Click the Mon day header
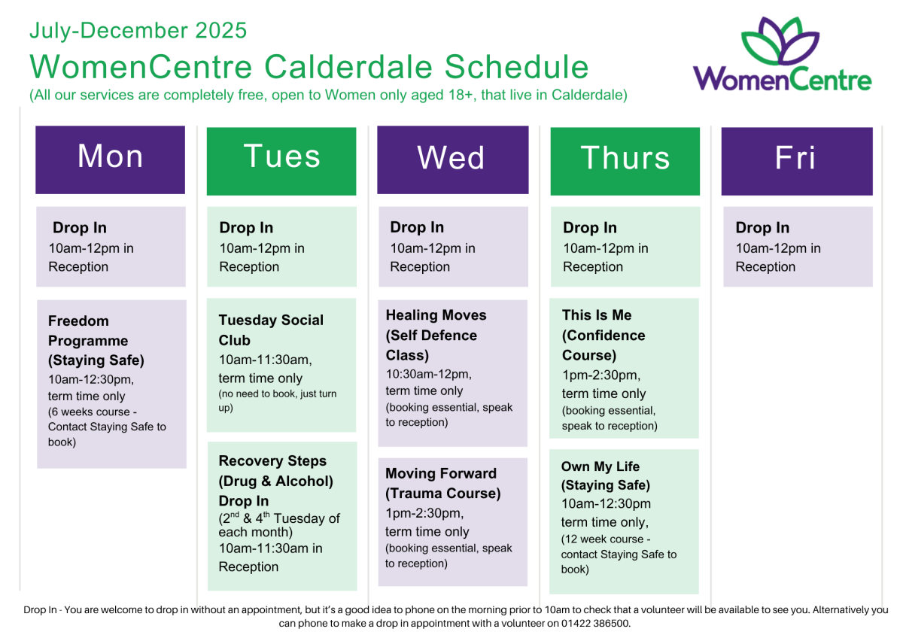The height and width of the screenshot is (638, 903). click(110, 159)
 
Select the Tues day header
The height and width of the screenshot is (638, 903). click(281, 161)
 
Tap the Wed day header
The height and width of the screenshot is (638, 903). click(453, 159)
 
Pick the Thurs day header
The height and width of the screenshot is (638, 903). click(625, 161)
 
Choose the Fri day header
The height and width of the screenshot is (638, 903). click(797, 161)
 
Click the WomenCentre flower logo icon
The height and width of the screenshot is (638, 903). click(780, 41)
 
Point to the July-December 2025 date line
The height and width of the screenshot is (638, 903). click(138, 30)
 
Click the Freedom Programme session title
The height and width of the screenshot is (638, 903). click(96, 341)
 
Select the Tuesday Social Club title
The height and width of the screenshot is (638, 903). click(271, 330)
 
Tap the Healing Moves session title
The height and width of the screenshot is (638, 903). click(436, 335)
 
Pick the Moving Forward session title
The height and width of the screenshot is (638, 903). click(442, 483)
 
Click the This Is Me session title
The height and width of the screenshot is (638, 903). click(604, 335)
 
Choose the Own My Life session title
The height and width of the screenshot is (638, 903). click(606, 475)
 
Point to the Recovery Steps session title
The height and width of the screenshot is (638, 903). click(275, 481)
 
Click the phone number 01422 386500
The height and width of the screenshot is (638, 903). click(595, 623)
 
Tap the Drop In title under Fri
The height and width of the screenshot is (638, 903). click(762, 228)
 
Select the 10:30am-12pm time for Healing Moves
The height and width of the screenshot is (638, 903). click(428, 375)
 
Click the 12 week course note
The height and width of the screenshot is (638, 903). click(619, 554)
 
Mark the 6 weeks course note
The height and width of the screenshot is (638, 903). click(107, 427)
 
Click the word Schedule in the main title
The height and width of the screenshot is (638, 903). click(516, 67)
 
